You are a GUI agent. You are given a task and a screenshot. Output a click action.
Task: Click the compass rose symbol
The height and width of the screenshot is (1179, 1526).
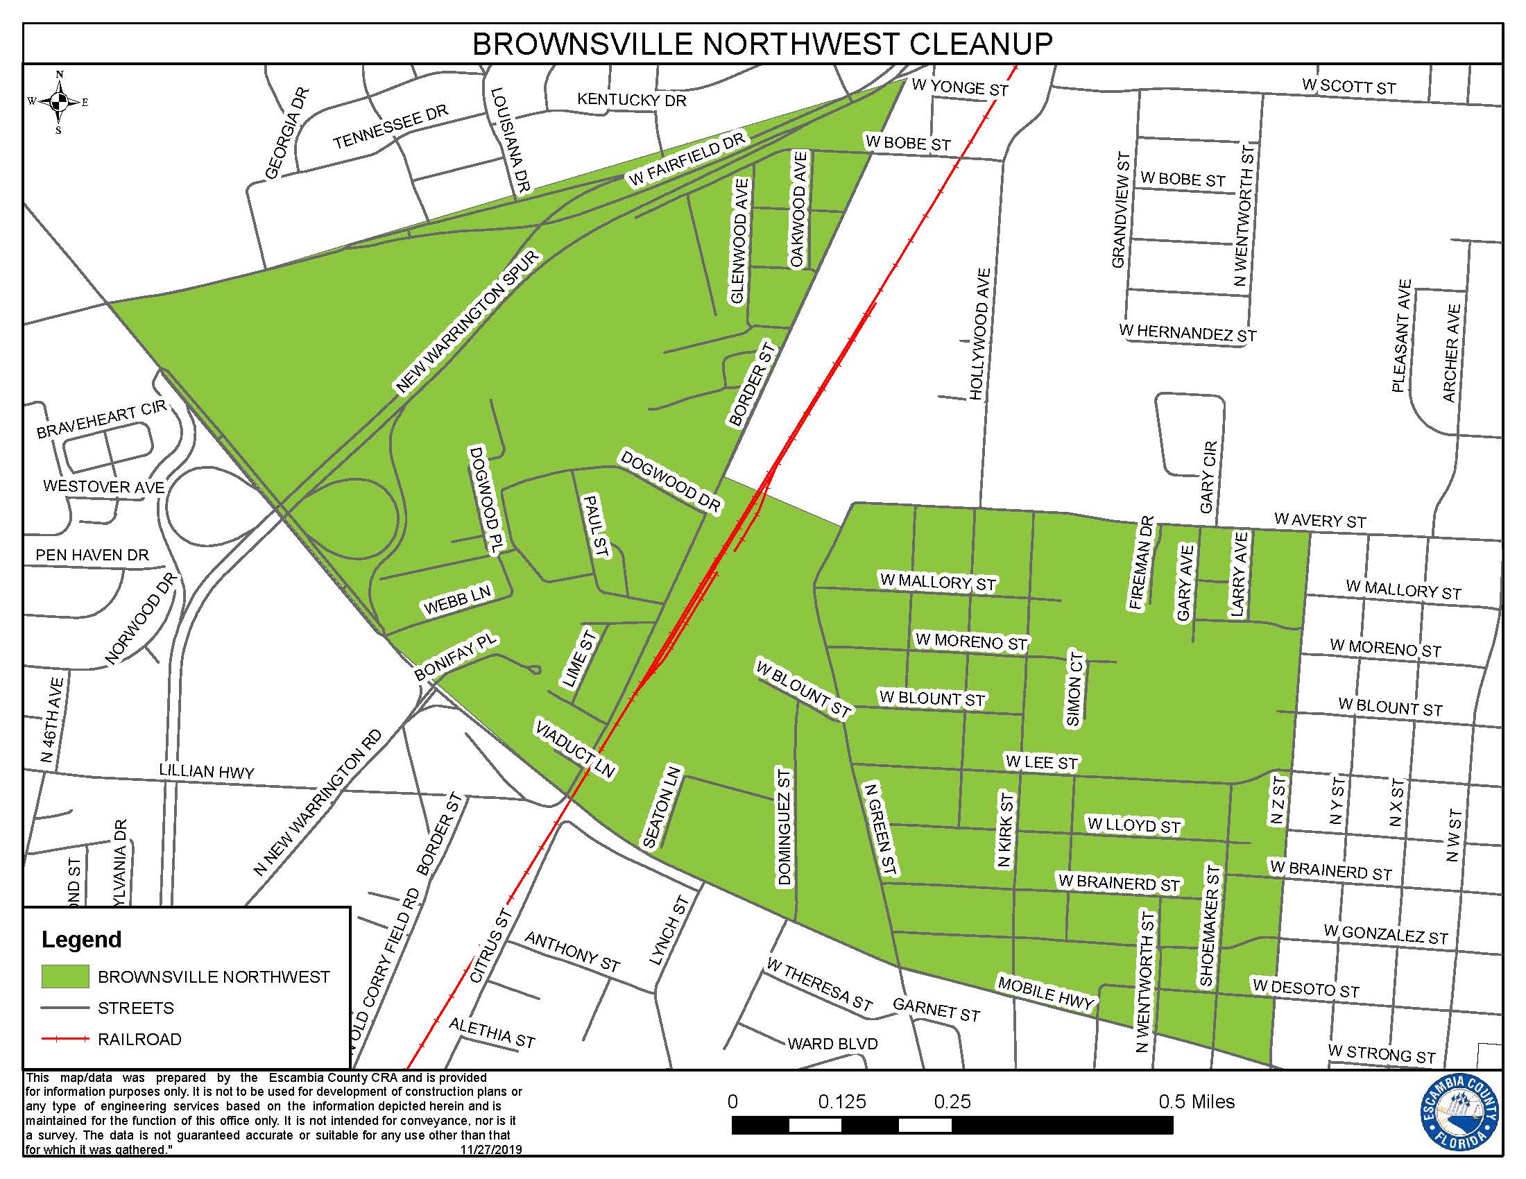[59, 102]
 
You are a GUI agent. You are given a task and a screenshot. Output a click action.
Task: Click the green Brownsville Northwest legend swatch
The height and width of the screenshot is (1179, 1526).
[65, 976]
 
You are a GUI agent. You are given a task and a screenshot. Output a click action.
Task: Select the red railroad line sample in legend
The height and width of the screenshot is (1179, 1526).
[65, 1040]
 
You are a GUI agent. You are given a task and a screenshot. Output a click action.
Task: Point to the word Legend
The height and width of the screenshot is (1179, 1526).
[82, 940]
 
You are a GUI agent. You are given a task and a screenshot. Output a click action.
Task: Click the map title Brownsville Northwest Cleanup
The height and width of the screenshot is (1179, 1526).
[762, 44]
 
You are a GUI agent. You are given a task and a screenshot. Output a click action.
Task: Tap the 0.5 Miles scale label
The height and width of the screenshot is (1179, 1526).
[1197, 1101]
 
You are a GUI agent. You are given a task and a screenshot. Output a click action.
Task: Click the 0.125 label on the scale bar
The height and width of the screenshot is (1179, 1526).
[842, 1101]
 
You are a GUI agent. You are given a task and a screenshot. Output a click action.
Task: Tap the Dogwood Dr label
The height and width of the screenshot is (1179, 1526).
[669, 482]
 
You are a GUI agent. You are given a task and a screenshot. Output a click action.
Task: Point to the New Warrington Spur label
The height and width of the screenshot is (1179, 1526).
[468, 322]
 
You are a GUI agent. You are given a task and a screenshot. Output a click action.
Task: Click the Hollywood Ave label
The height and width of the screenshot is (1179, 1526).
[979, 334]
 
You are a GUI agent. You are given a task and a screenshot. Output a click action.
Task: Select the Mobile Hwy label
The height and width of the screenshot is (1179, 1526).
[1045, 992]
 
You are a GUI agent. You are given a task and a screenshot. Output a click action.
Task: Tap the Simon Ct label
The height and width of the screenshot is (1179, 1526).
[1075, 689]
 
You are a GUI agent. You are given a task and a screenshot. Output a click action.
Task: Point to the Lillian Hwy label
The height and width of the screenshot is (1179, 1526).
[207, 771]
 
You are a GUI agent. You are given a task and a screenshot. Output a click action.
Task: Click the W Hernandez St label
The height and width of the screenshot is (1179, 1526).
[1187, 332]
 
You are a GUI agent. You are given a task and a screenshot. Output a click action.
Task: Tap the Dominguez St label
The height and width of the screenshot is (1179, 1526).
[784, 827]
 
